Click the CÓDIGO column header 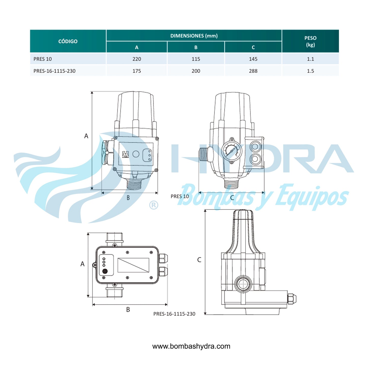click(68, 41)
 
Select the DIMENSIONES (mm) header click(194, 36)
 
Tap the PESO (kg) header click(310, 41)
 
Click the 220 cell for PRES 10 click(137, 59)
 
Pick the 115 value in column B click(196, 59)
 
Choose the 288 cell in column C click(253, 71)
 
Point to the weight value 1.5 click(310, 71)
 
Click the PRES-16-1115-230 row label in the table click(54, 71)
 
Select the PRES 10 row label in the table click(43, 59)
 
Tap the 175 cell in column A click(137, 71)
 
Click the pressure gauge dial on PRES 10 click(231, 151)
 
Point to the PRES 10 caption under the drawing click(180, 196)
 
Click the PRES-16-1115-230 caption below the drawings click(174, 314)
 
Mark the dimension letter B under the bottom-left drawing click(128, 309)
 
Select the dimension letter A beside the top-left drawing click(86, 136)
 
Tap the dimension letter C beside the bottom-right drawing click(199, 260)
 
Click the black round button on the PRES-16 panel click(105, 271)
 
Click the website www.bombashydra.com click(191, 346)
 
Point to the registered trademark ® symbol click(154, 205)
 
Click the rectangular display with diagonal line click(133, 265)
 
